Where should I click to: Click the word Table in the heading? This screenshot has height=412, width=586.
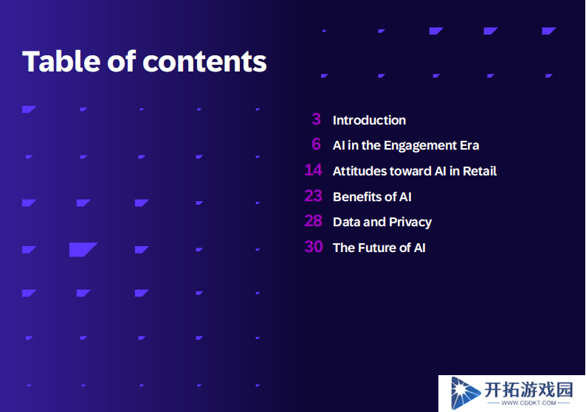click(x=61, y=61)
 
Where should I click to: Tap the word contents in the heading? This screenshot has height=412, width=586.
click(x=204, y=62)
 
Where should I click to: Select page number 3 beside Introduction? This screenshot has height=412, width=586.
click(x=316, y=119)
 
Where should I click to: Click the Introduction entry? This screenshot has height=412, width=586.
click(x=369, y=120)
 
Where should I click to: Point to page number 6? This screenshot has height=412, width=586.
click(x=316, y=144)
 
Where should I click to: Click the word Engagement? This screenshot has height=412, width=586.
click(x=420, y=145)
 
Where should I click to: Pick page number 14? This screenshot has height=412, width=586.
click(x=313, y=170)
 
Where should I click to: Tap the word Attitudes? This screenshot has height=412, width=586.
click(x=359, y=171)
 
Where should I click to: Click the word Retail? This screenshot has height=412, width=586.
click(x=480, y=171)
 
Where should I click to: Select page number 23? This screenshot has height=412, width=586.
click(x=313, y=196)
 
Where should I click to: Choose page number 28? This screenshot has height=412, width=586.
click(x=313, y=221)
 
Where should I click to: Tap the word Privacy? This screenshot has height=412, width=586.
click(x=410, y=223)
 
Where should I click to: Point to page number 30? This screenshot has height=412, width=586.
click(x=314, y=247)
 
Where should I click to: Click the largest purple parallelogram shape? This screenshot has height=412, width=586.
click(x=82, y=249)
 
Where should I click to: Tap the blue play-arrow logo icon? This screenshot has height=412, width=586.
click(x=464, y=393)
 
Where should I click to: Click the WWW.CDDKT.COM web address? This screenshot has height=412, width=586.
click(x=528, y=403)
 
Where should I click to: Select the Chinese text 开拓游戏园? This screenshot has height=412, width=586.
click(x=528, y=390)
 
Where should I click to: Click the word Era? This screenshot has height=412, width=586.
click(x=469, y=145)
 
